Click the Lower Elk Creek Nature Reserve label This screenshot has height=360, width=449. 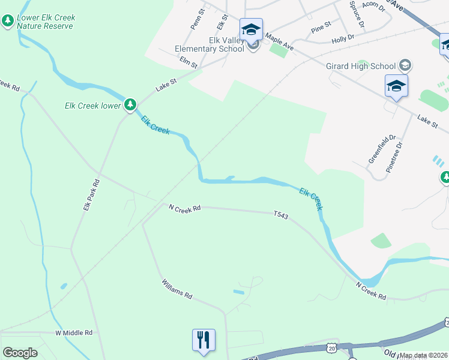46,22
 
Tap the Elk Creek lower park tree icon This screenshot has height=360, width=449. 130,105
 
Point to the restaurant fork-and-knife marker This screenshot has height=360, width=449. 203,340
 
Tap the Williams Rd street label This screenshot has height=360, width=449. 176,288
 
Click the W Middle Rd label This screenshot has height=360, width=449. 74,332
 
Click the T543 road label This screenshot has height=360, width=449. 282,214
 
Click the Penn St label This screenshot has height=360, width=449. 197,19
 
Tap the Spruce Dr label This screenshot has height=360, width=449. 357,14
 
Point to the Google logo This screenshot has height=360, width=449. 20,352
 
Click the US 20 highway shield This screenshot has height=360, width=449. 332,348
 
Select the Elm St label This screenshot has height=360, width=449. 188,61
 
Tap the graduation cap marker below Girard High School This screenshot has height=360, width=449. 396,86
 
